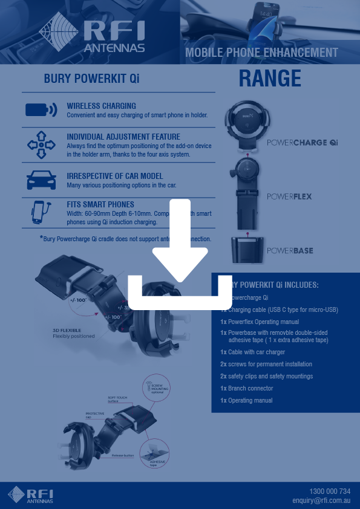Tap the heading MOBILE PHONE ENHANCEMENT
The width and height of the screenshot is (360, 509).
point(261,53)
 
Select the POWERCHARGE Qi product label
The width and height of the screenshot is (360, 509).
point(302,143)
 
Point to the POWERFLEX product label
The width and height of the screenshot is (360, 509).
point(289,196)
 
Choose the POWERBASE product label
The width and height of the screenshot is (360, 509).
point(290,250)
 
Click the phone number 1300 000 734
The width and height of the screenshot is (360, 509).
point(330,491)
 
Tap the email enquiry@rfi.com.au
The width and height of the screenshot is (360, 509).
point(321,501)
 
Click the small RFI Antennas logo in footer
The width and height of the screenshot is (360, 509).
point(30,494)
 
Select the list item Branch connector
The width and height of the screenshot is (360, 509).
point(250,388)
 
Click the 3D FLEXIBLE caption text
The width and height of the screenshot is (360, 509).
point(67,330)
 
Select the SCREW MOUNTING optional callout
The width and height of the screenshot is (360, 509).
point(156,388)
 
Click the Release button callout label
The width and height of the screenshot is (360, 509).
point(123,455)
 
